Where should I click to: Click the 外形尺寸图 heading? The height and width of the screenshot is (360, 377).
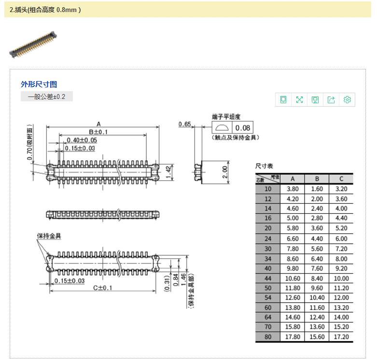point(39,84)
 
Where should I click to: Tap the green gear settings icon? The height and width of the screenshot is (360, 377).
point(347,100)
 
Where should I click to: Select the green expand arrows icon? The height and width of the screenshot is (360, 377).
point(299,100)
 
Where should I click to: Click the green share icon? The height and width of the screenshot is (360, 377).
point(331,100)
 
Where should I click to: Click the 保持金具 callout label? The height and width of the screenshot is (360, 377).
point(49,236)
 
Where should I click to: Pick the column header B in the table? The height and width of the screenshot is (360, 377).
point(317,179)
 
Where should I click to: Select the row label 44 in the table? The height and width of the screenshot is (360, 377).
point(268,278)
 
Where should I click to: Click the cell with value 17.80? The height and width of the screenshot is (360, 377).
point(293,337)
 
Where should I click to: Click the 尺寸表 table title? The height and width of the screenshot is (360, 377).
point(265,166)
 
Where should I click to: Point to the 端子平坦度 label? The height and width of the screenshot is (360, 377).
point(226,116)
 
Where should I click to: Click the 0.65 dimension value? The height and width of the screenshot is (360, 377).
point(185,124)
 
